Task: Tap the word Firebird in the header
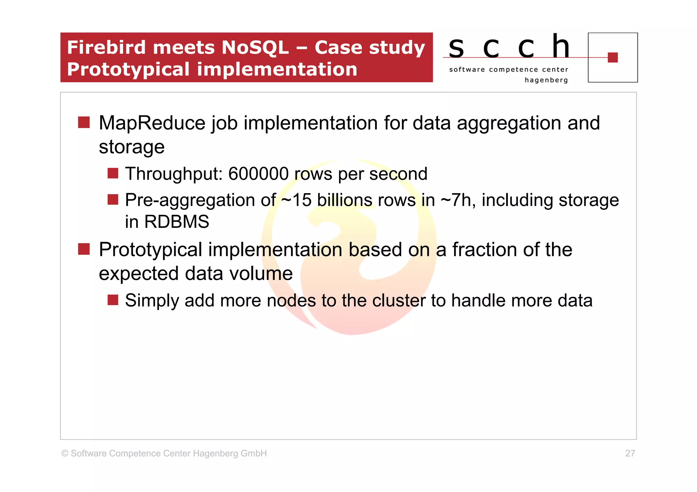tap(107, 47)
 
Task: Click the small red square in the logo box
tap(612, 57)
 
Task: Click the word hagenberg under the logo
tap(546, 80)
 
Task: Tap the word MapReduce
tap(152, 123)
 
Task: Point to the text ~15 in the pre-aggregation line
tap(296, 200)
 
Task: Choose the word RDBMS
tap(176, 222)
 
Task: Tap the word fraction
tap(484, 250)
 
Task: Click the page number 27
tap(630, 453)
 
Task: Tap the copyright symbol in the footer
tap(65, 454)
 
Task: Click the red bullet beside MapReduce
tap(84, 122)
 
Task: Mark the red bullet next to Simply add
tap(113, 300)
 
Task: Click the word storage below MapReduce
tap(131, 147)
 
